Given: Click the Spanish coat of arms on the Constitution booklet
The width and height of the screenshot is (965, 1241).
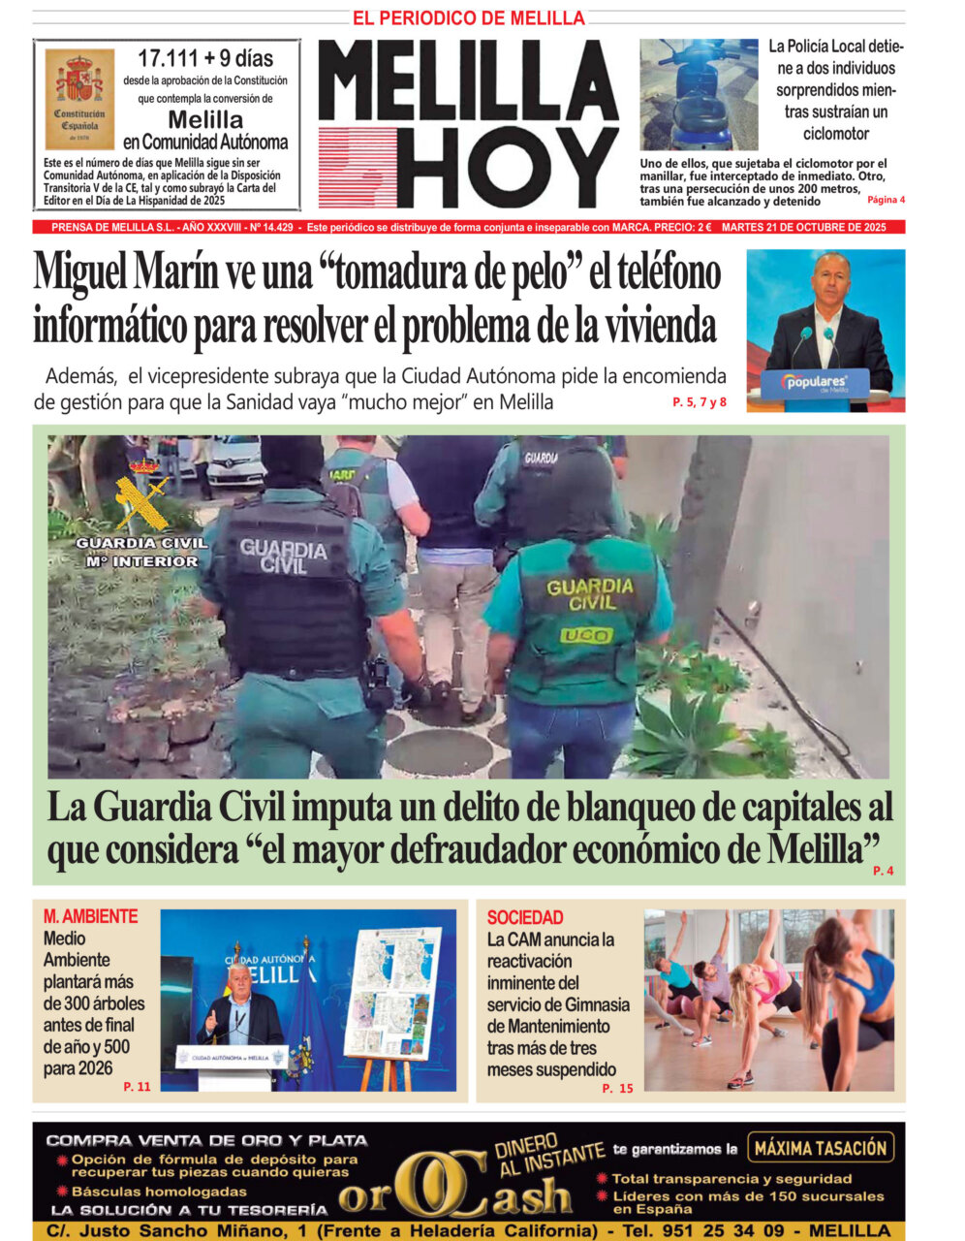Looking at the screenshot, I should pos(79,80).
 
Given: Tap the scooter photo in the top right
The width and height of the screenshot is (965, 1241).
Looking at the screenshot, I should pos(698,94).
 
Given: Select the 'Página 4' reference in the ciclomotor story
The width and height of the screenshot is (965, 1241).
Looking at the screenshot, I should pos(886,200).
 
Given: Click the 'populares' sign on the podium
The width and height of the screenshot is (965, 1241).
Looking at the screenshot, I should pos(815,383).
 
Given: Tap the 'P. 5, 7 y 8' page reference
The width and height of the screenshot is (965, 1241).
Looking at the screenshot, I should pos(699,401).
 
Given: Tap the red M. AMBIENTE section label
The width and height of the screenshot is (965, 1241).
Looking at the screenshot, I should pos(90,916).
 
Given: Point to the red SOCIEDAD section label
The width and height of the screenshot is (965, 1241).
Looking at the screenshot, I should pos(524,917).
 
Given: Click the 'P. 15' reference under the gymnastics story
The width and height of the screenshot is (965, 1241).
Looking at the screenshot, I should pos(617,1088).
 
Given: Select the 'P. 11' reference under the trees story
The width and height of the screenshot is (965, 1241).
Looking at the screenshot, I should pos(137,1087).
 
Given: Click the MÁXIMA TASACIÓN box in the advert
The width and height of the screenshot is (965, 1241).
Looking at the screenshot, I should pos(820,1148).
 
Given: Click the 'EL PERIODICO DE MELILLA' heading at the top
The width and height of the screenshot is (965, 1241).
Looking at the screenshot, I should pos(468,18).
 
